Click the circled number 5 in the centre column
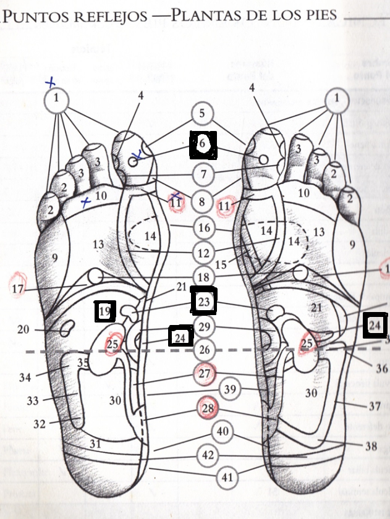tap(202, 114)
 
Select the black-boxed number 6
tap(203, 145)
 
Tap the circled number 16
tap(204, 228)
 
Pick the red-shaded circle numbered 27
tap(204, 374)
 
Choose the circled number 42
tap(207, 455)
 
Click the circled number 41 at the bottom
tap(228, 478)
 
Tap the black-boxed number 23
tap(204, 302)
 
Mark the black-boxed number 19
tap(106, 311)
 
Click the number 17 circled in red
tap(18, 287)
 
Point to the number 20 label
tap(23, 330)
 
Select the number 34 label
tap(25, 377)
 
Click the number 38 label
tap(371, 445)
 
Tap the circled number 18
tap(204, 277)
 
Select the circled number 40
tap(223, 431)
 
